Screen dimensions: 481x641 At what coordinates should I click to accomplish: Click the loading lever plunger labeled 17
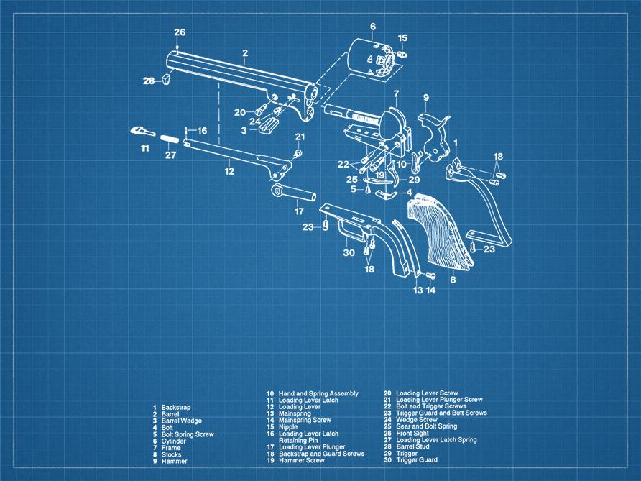295,193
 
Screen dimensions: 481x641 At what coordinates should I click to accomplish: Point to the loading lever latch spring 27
170,139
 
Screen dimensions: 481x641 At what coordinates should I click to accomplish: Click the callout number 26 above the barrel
180,32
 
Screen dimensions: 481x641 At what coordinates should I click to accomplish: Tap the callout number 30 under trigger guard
349,252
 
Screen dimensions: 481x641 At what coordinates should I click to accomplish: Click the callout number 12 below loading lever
229,171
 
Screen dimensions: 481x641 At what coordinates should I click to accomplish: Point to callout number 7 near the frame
395,93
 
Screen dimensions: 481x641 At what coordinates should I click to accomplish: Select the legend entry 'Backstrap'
176,408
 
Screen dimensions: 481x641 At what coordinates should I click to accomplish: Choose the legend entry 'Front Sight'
412,434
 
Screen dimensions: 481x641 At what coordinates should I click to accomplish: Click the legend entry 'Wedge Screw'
416,421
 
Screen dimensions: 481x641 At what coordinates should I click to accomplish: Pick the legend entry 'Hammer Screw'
301,460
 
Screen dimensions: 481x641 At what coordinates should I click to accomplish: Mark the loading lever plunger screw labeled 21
298,152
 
